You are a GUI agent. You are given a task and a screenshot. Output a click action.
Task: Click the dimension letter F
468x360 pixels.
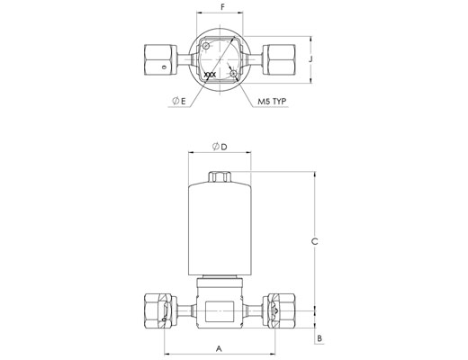pos(222,7)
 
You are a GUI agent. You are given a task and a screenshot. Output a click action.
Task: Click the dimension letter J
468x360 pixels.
pos(310,59)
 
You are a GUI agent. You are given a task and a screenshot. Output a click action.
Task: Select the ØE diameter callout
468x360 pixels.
pos(179,101)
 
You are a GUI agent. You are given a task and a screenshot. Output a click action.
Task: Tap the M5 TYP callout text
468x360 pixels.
pos(273,102)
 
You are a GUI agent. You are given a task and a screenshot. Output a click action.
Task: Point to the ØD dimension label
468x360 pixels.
pos(220,147)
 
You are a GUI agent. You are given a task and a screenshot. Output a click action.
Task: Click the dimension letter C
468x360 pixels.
pos(314,241)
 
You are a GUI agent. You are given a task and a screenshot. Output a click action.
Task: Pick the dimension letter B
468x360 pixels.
pos(319,338)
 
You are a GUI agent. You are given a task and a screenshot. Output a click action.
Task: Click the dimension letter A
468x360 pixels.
pos(220,348)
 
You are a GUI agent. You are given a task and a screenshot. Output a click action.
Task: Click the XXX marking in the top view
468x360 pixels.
pos(210,75)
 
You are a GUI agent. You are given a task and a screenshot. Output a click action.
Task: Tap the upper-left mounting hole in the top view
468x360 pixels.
pos(206,46)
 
